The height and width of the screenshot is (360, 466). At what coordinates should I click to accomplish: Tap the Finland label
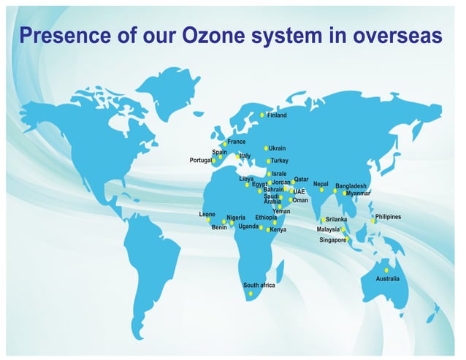pyautogui.click(x=277, y=115)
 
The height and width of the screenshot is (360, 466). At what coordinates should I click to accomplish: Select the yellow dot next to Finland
pyautogui.click(x=262, y=115)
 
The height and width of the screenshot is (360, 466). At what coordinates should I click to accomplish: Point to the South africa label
pyautogui.click(x=259, y=285)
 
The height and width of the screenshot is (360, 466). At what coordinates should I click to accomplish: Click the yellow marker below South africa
pyautogui.click(x=251, y=294)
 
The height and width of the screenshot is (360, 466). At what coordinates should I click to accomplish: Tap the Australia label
pyautogui.click(x=387, y=279)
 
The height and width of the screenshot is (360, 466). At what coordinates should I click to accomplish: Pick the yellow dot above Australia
pyautogui.click(x=386, y=270)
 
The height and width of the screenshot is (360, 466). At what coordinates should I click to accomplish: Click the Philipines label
pyautogui.click(x=388, y=217)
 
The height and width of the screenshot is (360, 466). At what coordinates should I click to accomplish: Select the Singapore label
pyautogui.click(x=332, y=240)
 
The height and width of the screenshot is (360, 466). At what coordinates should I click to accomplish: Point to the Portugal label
pyautogui.click(x=201, y=160)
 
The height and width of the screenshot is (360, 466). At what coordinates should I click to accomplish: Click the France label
pyautogui.click(x=236, y=142)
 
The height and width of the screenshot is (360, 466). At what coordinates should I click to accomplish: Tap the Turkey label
pyautogui.click(x=280, y=161)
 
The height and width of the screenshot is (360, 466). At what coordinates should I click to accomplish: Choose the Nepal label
pyautogui.click(x=321, y=184)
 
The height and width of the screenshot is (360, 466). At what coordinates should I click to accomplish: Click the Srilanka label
pyautogui.click(x=336, y=219)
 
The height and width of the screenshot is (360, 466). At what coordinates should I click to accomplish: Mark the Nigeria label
pyautogui.click(x=236, y=218)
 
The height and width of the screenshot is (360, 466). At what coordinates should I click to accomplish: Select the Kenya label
pyautogui.click(x=278, y=230)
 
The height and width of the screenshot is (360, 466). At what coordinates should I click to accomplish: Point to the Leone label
pyautogui.click(x=207, y=214)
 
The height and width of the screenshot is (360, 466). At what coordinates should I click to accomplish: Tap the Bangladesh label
pyautogui.click(x=351, y=186)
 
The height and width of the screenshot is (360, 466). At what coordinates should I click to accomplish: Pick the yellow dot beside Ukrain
pyautogui.click(x=266, y=148)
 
